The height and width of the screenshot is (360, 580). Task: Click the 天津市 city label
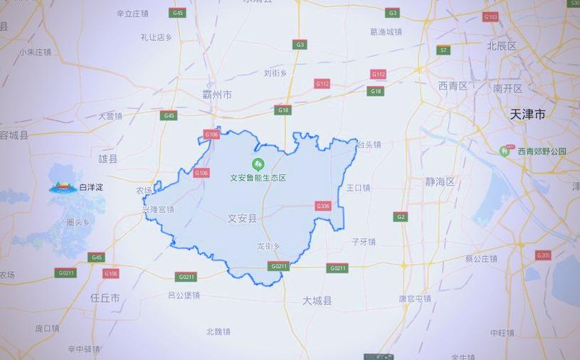click(527, 114)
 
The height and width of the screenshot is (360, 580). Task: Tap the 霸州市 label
click(216, 95)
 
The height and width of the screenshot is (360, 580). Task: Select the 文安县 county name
click(241, 218)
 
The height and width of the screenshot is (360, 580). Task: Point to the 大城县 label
click(317, 301)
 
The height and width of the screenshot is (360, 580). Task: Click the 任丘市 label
click(105, 297)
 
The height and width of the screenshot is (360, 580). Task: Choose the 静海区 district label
click(440, 182)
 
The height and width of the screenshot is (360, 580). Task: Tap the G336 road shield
click(323, 206)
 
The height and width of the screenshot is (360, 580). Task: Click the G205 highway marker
click(543, 255)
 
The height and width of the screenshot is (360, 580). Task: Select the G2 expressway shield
click(401, 216)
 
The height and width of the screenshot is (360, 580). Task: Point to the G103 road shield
click(490, 16)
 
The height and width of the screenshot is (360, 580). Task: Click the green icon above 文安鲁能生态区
click(257, 164)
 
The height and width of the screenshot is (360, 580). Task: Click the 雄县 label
click(108, 159)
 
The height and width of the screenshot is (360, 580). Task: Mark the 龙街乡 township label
click(268, 246)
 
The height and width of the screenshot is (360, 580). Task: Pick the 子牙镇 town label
click(363, 242)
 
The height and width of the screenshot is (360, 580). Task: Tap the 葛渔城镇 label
click(386, 32)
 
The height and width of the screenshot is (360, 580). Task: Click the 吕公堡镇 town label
click(184, 295)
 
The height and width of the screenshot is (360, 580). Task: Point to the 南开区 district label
click(507, 89)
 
